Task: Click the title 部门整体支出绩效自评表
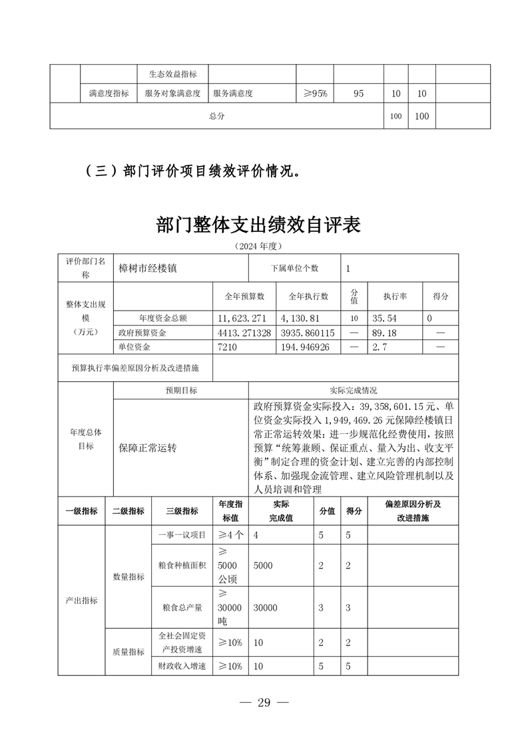258,225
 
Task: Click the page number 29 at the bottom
264,703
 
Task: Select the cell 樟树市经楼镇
148,269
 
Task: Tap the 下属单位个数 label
294,269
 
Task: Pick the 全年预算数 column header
244,296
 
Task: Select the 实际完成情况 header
353,391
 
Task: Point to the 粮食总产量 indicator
182,607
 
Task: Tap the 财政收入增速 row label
182,666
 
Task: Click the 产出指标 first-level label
81,600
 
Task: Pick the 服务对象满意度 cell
172,94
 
